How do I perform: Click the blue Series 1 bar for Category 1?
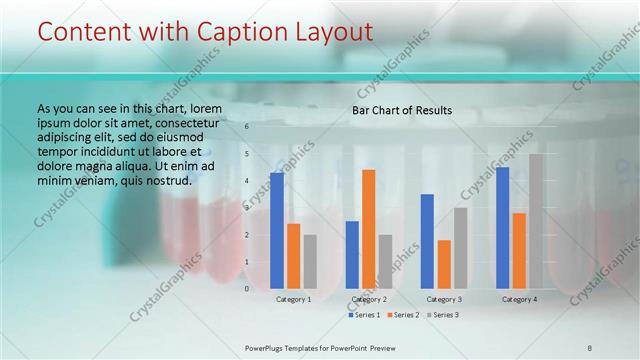pyautogui.click(x=277, y=230)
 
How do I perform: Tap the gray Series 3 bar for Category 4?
pyautogui.click(x=536, y=221)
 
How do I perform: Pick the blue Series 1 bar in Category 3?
pyautogui.click(x=427, y=240)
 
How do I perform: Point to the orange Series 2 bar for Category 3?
pyautogui.click(x=443, y=263)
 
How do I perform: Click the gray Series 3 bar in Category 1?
pyautogui.click(x=310, y=261)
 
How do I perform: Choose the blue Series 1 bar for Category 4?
pyautogui.click(x=502, y=227)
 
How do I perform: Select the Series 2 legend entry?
pyautogui.click(x=402, y=315)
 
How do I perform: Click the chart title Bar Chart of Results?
pyautogui.click(x=402, y=110)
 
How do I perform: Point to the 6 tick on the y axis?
pyautogui.click(x=246, y=127)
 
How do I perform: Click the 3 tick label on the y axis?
pyautogui.click(x=246, y=207)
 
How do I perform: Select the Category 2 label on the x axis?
pyautogui.click(x=369, y=299)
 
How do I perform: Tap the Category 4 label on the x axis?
pyautogui.click(x=519, y=299)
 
